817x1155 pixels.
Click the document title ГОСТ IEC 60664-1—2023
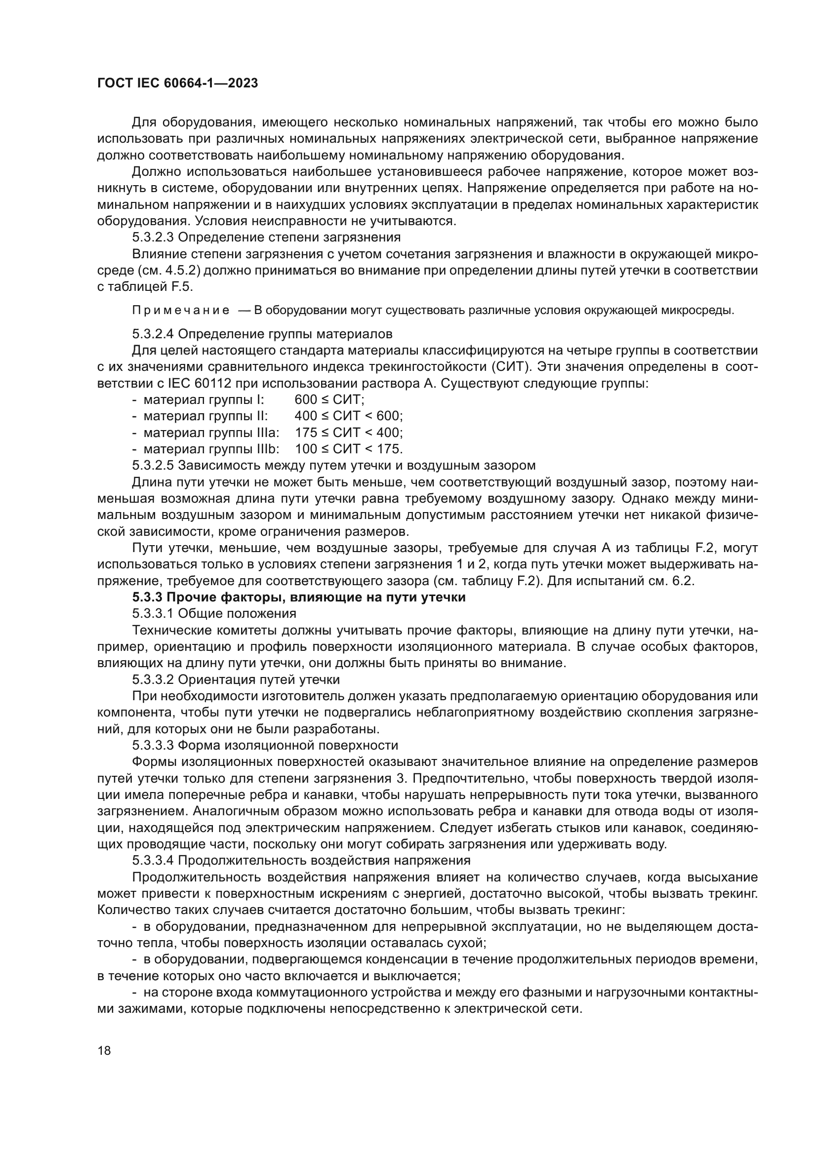[177, 83]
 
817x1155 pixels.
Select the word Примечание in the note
[180, 311]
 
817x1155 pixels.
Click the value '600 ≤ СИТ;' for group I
[329, 400]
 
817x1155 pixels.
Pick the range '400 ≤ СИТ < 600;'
[349, 416]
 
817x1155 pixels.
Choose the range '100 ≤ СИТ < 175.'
[349, 449]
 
